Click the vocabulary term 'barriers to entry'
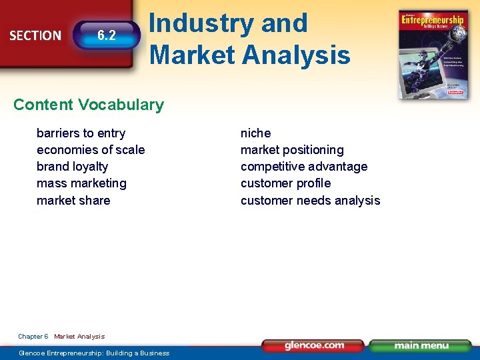pyautogui.click(x=81, y=133)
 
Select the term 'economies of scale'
pyautogui.click(x=91, y=150)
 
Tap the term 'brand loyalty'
pyautogui.click(x=72, y=167)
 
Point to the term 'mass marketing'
pyautogui.click(x=81, y=183)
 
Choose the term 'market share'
pyautogui.click(x=73, y=201)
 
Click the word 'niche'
pyautogui.click(x=255, y=133)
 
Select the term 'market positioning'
pyautogui.click(x=292, y=150)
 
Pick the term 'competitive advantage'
pyautogui.click(x=304, y=167)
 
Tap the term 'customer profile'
pyautogui.click(x=285, y=183)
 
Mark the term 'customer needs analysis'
pyautogui.click(x=310, y=201)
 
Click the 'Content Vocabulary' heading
pyautogui.click(x=88, y=105)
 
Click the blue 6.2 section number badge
pyautogui.click(x=106, y=35)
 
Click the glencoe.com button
pyautogui.click(x=313, y=345)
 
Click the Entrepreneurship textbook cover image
pyautogui.click(x=432, y=55)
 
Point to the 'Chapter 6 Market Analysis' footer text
pyautogui.click(x=61, y=337)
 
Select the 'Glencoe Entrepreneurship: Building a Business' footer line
pyautogui.click(x=94, y=353)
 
